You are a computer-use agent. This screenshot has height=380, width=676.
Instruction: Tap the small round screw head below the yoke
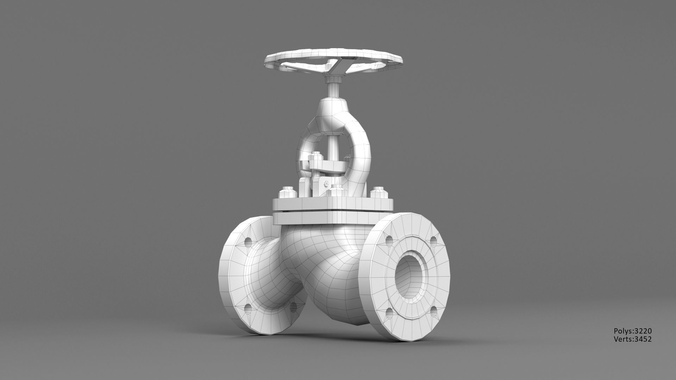click(326, 184)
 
